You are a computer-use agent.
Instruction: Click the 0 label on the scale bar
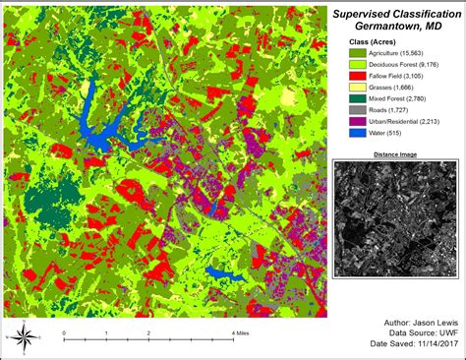(x=64, y=333)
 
